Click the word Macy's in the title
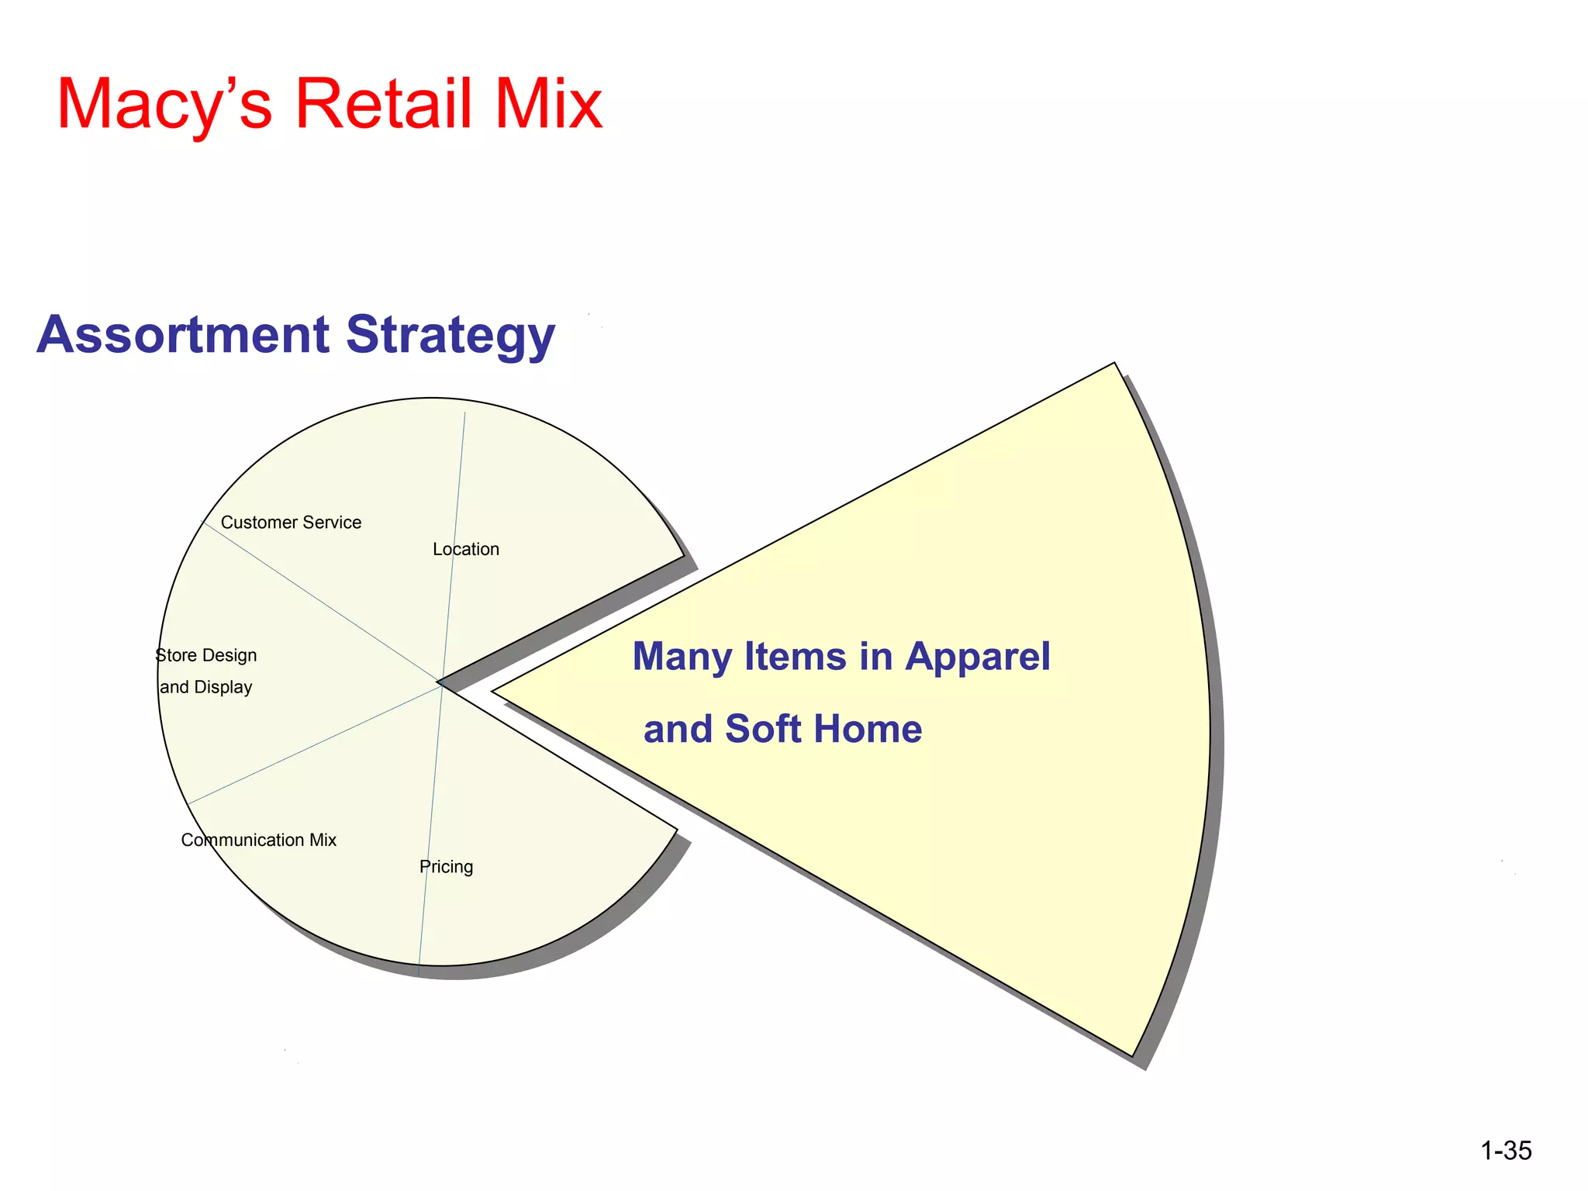click(164, 105)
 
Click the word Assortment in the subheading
click(183, 335)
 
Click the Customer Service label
click(291, 523)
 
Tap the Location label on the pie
click(466, 549)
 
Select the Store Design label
click(206, 655)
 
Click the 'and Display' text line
click(206, 687)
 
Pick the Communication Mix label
click(258, 840)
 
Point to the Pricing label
click(446, 866)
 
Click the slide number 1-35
click(1506, 1151)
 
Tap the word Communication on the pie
click(242, 840)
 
